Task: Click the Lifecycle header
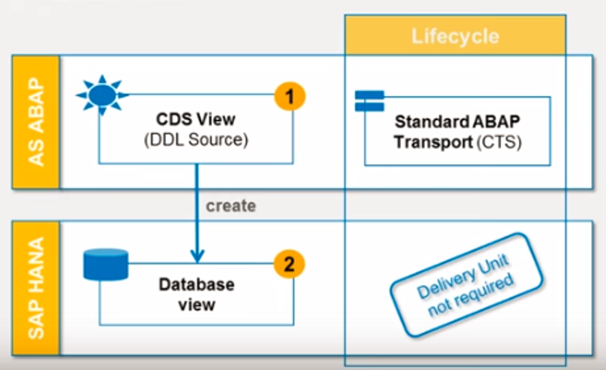(454, 36)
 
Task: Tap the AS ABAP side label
(35, 122)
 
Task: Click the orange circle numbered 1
(289, 97)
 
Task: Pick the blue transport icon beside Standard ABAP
(369, 101)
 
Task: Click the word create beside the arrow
(230, 206)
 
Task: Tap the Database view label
(196, 294)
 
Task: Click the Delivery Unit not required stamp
(465, 287)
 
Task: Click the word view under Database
(196, 304)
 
